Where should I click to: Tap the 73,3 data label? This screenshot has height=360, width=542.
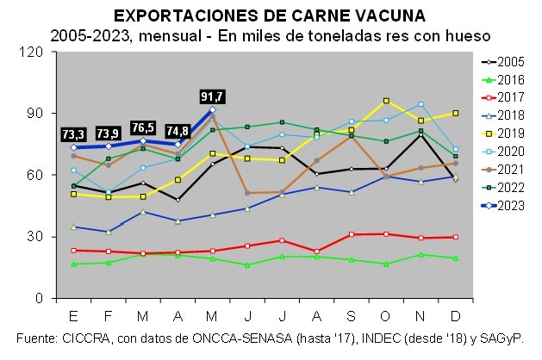click(74, 134)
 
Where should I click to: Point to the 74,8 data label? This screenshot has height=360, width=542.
click(178, 132)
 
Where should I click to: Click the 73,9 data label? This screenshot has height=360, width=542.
click(109, 133)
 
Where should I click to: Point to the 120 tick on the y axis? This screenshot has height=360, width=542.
click(33, 52)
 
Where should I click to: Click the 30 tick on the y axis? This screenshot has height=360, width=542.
click(37, 237)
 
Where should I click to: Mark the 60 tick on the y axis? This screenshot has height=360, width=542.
click(37, 175)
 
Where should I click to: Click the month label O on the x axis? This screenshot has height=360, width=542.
click(385, 312)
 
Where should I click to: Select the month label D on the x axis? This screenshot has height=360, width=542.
click(455, 312)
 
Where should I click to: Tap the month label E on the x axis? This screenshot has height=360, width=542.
click(74, 312)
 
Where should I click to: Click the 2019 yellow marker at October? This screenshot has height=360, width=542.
click(385, 101)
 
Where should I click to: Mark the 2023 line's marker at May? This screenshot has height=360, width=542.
click(212, 110)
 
